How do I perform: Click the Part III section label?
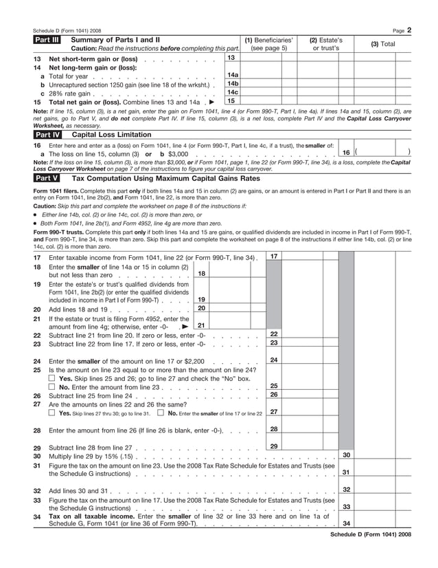47,40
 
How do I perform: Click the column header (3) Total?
383,44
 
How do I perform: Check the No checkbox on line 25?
52,387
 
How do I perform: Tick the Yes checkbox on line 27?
52,413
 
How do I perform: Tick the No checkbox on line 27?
160,413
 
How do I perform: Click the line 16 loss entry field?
383,152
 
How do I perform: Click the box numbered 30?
347,455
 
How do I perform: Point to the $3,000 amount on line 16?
178,154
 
